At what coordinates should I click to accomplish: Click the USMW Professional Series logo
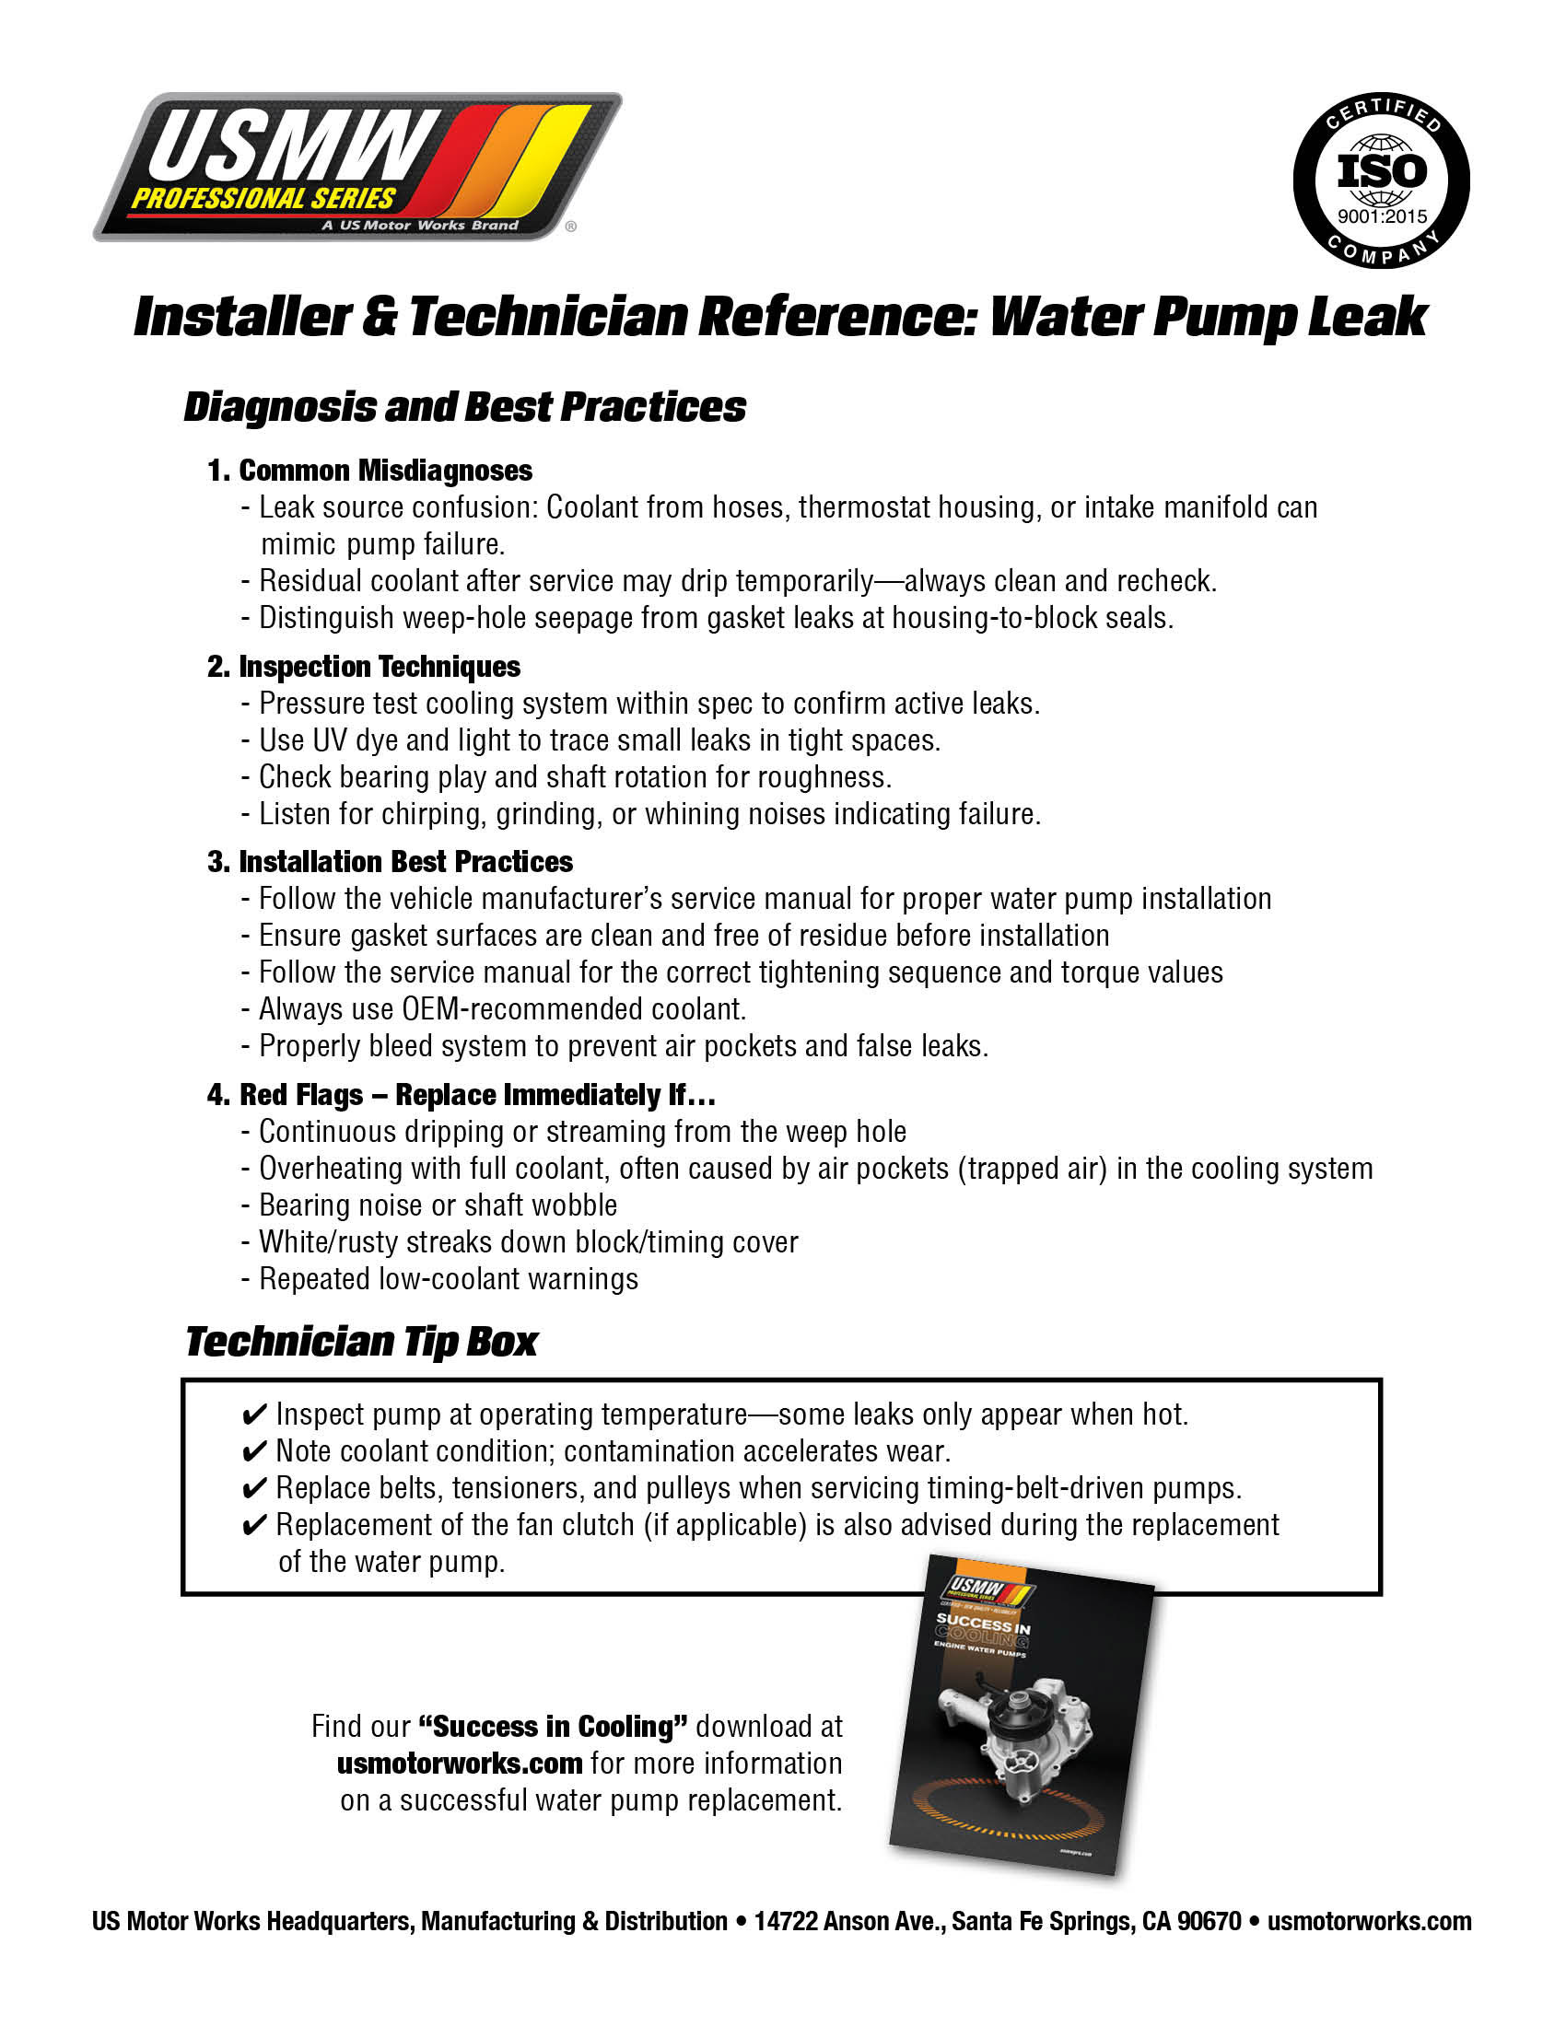coord(357,167)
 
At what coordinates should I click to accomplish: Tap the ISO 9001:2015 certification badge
coord(1381,180)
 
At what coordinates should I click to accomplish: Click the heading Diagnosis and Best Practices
coord(465,407)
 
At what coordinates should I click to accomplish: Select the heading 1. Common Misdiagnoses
coord(370,471)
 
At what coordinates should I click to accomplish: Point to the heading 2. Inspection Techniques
coord(364,666)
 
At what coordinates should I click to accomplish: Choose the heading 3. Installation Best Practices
coord(390,862)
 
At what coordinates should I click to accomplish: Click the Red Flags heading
coord(462,1095)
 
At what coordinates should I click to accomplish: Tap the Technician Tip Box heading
coord(362,1342)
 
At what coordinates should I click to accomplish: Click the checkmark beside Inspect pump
coord(253,1415)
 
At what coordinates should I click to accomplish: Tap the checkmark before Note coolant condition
coord(253,1452)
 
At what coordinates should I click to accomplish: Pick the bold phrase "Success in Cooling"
coord(553,1727)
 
